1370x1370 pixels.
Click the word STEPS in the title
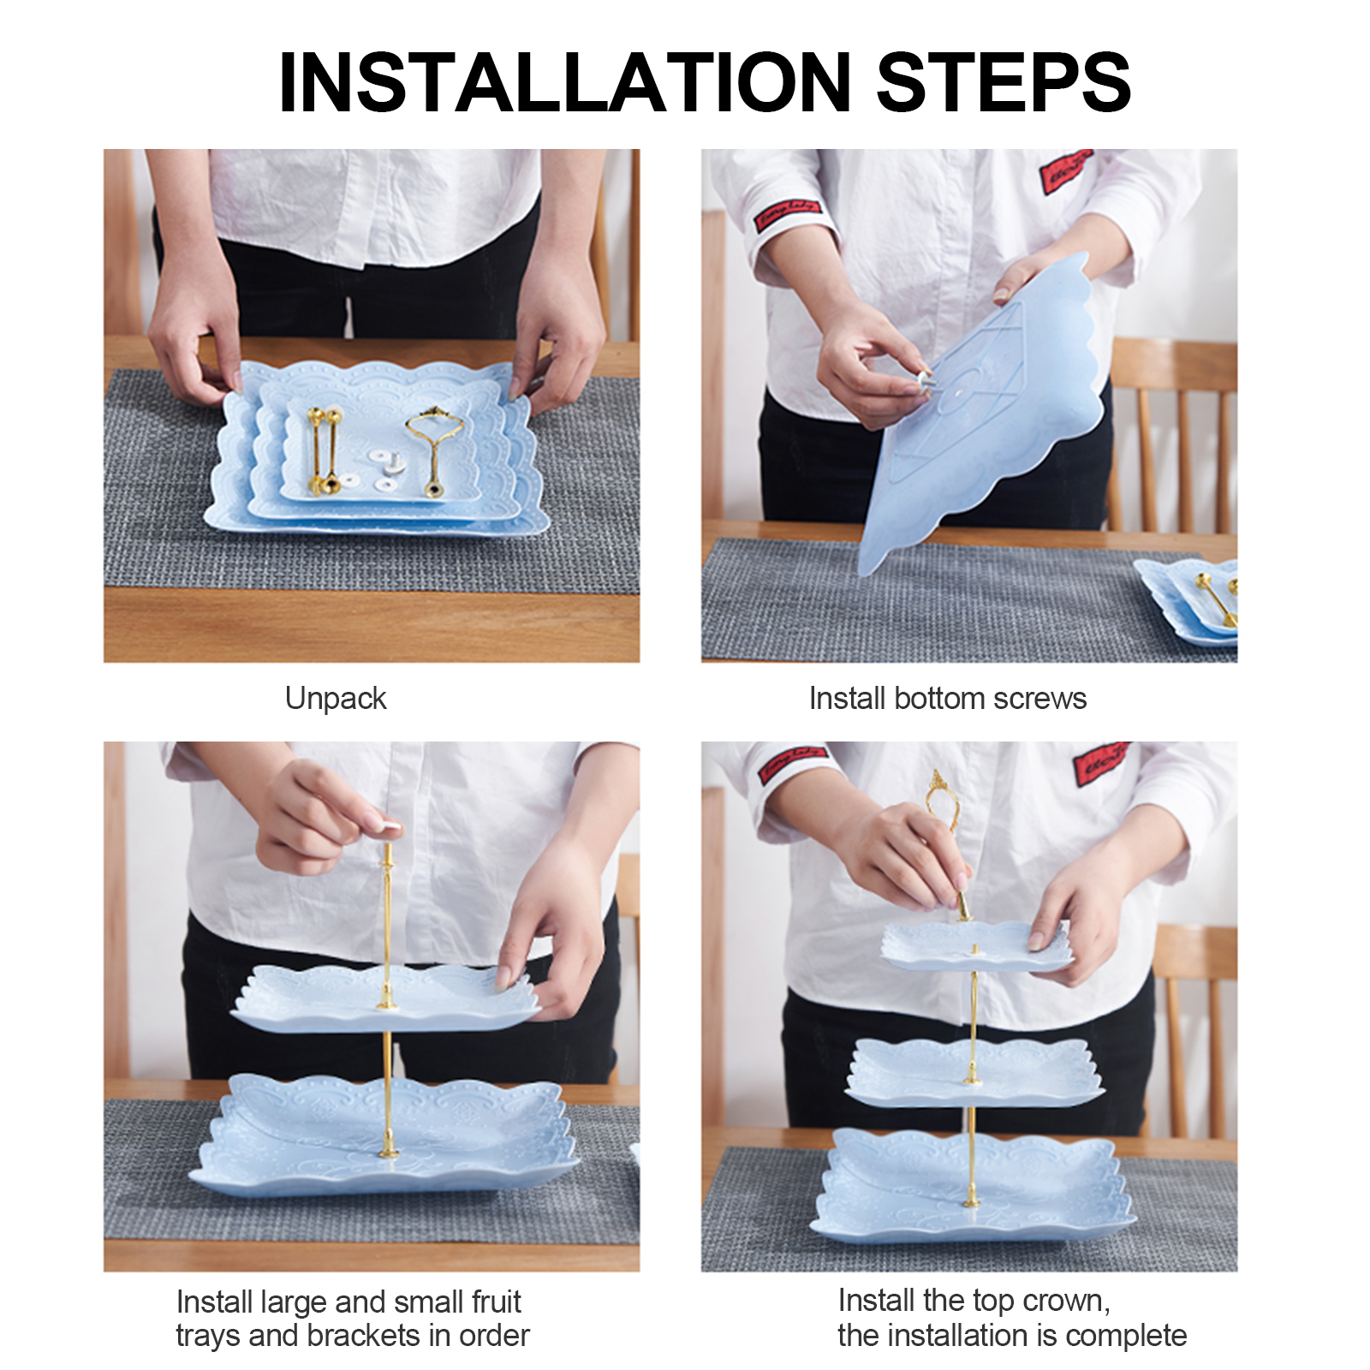1004,82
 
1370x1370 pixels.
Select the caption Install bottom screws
948,699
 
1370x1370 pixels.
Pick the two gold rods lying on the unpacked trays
325,450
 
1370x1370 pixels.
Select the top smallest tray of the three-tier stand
976,947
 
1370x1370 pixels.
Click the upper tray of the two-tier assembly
385,998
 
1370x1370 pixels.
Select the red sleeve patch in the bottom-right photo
1099,762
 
